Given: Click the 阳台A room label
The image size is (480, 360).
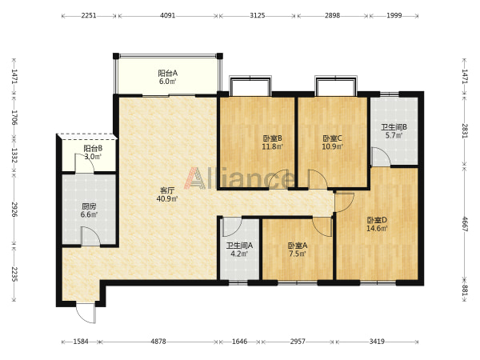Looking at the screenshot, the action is (x=167, y=74).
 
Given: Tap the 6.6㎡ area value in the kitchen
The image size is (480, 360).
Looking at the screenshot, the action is (x=89, y=214).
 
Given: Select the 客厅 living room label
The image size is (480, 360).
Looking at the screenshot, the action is (x=167, y=190).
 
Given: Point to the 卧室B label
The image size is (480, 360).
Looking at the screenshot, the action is (x=272, y=138).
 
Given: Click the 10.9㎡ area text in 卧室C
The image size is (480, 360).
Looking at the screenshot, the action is (x=332, y=146).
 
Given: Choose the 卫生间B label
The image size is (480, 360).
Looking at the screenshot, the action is (x=394, y=126).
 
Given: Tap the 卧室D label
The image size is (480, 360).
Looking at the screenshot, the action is (x=377, y=220).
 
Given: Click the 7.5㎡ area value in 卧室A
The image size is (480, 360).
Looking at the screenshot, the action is (x=298, y=254).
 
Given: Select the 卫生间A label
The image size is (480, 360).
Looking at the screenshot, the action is (x=239, y=246).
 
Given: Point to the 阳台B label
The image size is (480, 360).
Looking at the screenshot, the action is (x=93, y=149).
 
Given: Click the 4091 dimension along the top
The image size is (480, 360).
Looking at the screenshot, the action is (x=168, y=15).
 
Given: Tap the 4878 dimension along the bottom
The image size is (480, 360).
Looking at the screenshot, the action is (x=158, y=342).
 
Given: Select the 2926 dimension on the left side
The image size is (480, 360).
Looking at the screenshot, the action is (x=14, y=209).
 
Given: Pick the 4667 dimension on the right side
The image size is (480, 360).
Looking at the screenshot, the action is (x=465, y=224).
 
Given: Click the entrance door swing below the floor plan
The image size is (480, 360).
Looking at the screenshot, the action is (x=86, y=313).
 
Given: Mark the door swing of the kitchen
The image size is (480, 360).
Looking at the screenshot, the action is (x=90, y=236).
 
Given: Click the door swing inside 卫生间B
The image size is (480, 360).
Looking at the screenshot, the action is (x=381, y=157).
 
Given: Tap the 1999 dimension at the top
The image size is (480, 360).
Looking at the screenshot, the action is (x=394, y=15).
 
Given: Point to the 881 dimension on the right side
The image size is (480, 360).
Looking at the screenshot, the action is (x=465, y=290).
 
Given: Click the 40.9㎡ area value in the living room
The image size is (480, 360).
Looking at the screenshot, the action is (x=167, y=198).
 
